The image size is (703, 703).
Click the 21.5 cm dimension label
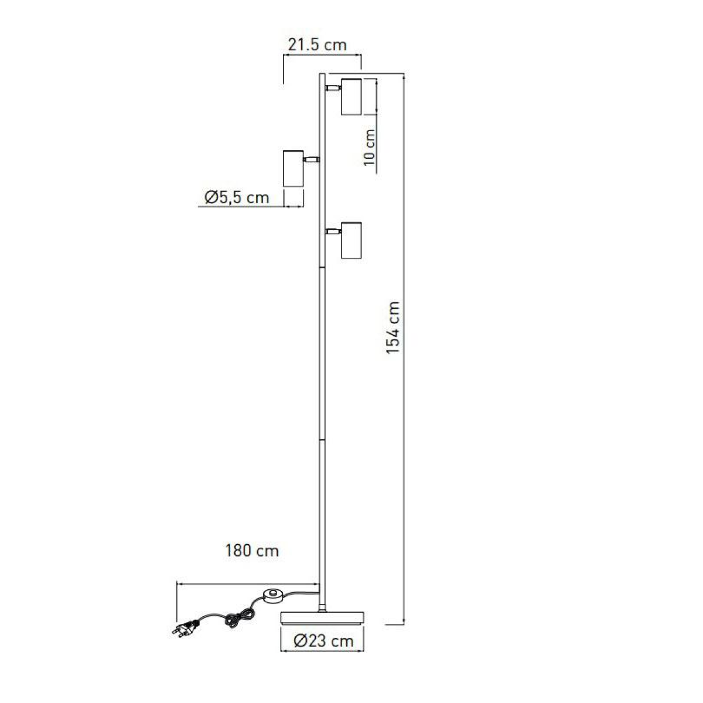pos(317,45)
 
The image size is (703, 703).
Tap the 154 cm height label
pos(393,327)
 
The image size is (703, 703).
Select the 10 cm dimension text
pos(369,148)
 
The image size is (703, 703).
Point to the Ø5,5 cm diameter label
pos(237,197)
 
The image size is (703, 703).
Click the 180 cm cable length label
pos(252,551)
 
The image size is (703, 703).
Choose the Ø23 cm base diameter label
pos(323,641)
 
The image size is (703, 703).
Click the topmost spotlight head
pos(351,97)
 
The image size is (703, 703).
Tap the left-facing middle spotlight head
pos(294,168)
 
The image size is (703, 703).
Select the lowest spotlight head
pos(351,240)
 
